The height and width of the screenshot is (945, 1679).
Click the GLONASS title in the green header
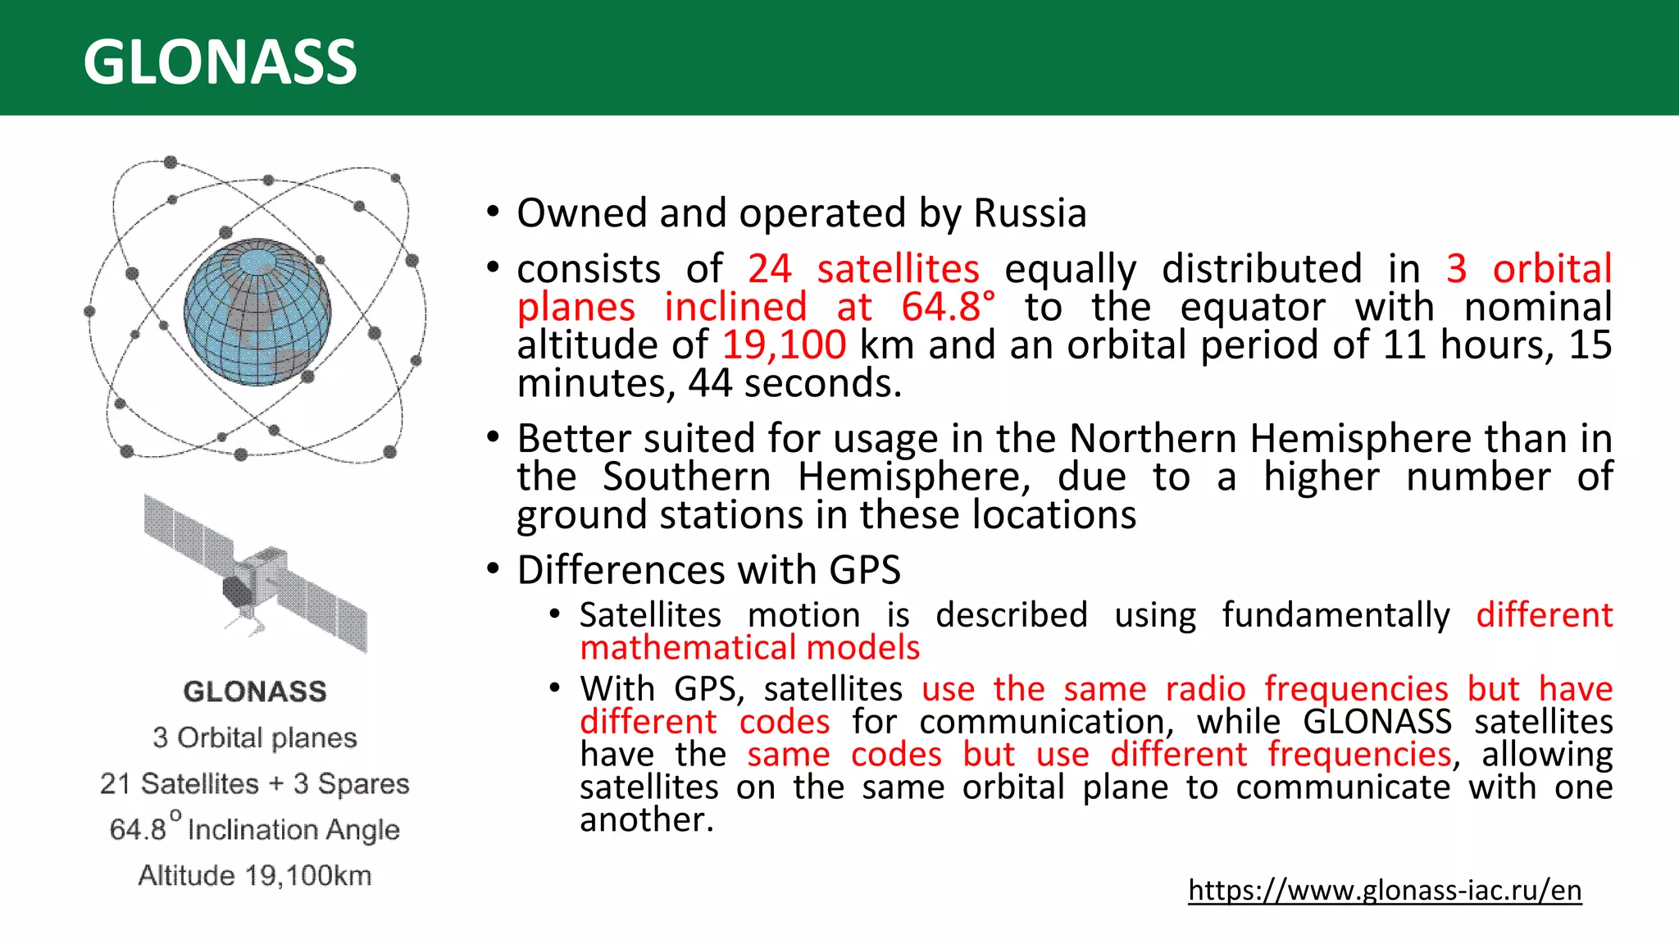(x=220, y=62)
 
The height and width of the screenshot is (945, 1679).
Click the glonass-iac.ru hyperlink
(x=1384, y=890)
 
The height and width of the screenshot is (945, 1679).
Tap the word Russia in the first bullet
(x=1030, y=213)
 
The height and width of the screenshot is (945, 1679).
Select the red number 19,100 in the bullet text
(x=784, y=345)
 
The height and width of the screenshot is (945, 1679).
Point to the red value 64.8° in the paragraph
(x=948, y=308)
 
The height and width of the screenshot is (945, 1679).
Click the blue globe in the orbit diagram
(x=257, y=313)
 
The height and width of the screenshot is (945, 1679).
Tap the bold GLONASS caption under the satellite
(x=255, y=692)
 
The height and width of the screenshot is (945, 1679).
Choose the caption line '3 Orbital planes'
(x=255, y=738)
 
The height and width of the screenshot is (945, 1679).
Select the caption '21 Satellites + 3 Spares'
(x=255, y=784)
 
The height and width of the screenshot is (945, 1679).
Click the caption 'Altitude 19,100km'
(x=255, y=876)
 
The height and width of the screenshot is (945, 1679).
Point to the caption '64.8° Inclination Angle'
(x=255, y=829)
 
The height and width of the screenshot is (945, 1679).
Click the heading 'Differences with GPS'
(x=709, y=570)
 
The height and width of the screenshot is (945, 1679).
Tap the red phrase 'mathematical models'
(x=750, y=648)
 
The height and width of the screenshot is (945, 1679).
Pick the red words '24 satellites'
(x=863, y=269)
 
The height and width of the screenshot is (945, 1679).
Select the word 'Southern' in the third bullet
(x=687, y=477)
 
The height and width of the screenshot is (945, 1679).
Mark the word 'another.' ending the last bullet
(x=647, y=819)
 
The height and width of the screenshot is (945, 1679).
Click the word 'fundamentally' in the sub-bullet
(x=1335, y=615)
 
